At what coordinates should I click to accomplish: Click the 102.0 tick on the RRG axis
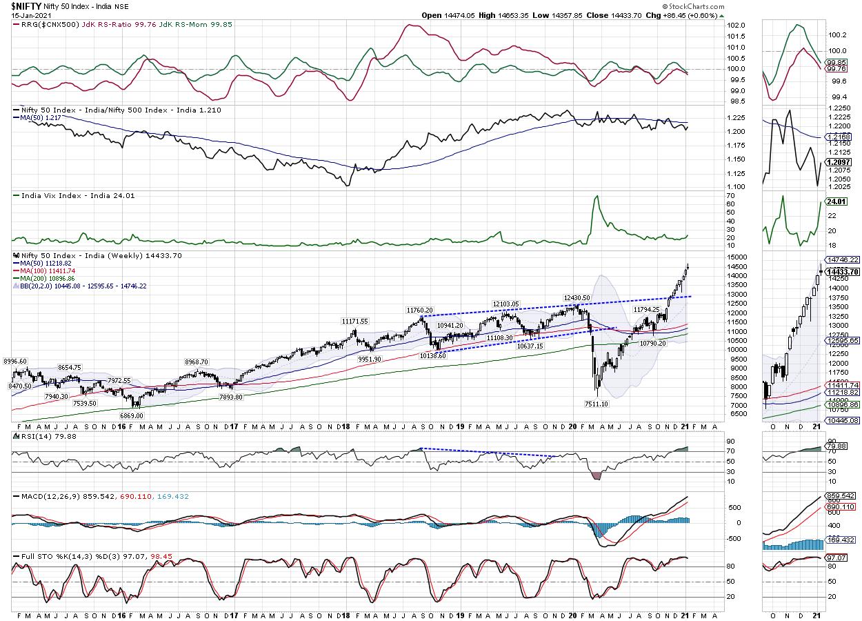[737, 26]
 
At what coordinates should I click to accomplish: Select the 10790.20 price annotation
[652, 342]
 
